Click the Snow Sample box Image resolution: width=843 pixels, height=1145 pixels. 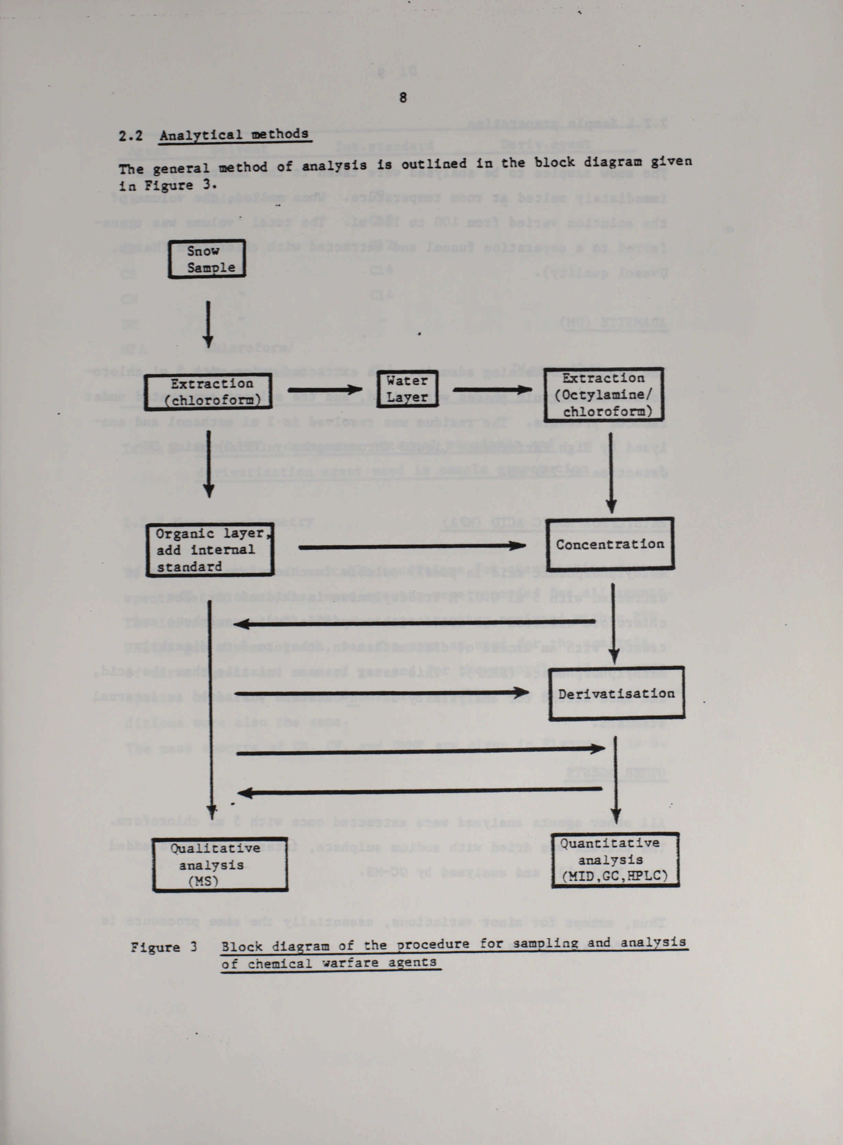point(207,259)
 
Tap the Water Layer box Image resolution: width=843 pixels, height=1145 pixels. point(407,389)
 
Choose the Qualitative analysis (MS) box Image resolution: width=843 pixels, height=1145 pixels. point(220,864)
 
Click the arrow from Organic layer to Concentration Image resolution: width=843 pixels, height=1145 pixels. point(411,546)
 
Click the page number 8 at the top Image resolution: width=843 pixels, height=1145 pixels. point(403,98)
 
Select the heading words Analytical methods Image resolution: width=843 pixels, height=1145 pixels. point(234,135)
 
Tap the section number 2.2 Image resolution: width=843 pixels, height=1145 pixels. point(130,136)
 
